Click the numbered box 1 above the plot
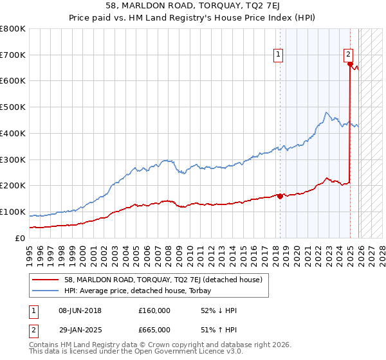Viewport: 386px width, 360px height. pyautogui.click(x=279, y=55)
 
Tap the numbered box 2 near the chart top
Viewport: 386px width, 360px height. pyautogui.click(x=348, y=55)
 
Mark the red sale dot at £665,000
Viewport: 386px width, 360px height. pyautogui.click(x=350, y=64)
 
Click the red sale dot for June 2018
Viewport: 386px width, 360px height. pyautogui.click(x=280, y=196)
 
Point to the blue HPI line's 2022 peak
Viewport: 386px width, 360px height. pyautogui.click(x=327, y=113)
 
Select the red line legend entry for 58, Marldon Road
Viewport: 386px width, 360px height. pyautogui.click(x=163, y=280)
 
